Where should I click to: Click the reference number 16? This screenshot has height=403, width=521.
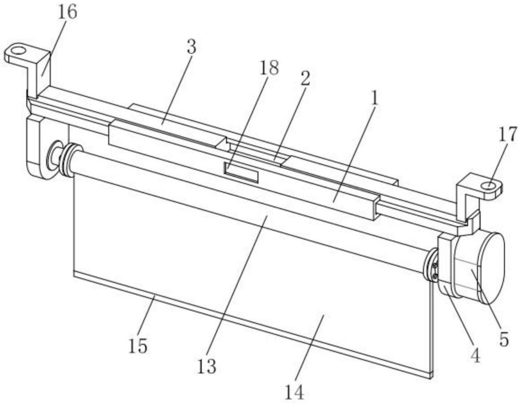[x=67, y=12]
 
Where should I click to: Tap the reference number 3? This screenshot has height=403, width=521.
[x=192, y=47]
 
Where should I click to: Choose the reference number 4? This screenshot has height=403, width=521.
[x=475, y=355]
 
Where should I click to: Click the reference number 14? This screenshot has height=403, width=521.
[x=294, y=393]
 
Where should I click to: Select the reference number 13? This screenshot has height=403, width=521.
[x=207, y=367]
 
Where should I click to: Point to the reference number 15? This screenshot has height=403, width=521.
[x=138, y=346]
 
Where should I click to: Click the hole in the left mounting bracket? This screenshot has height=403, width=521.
[x=18, y=51]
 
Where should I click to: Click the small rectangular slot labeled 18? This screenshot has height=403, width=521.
[x=241, y=172]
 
